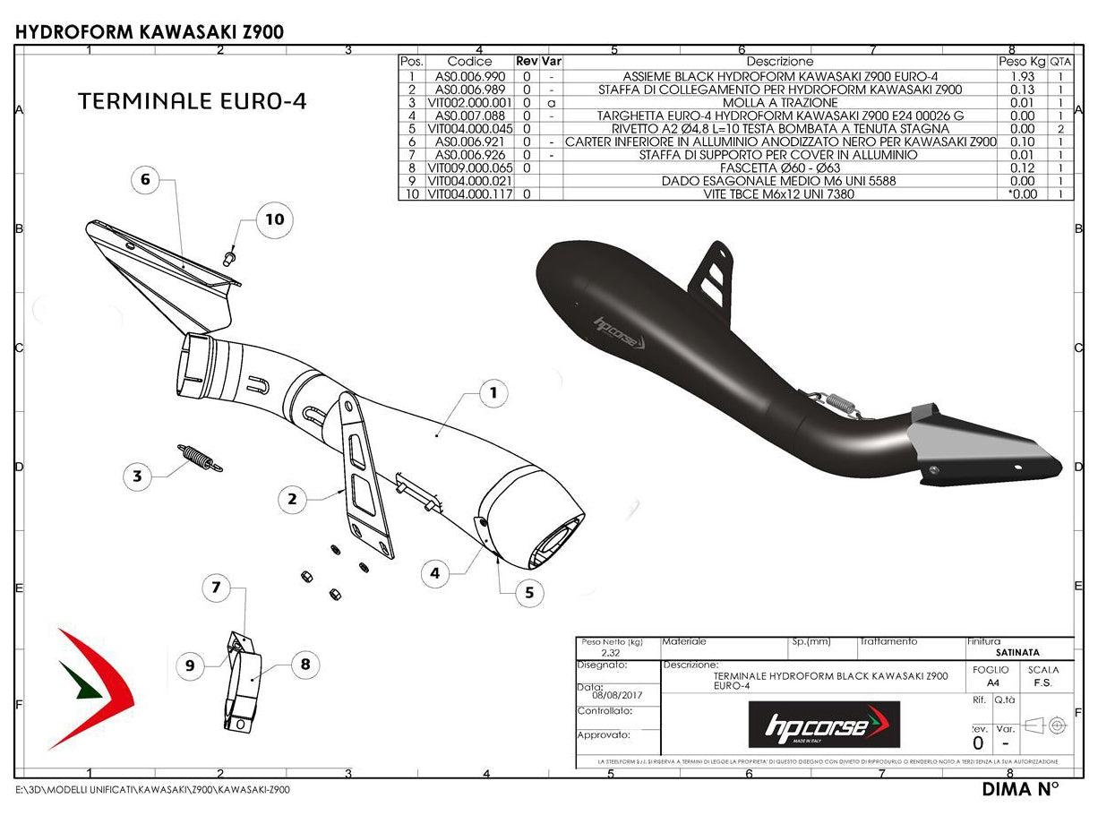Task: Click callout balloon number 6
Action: (145, 180)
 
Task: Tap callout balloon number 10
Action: (274, 219)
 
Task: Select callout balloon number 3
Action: (137, 476)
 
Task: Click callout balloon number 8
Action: (305, 664)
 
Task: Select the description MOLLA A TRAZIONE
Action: (779, 102)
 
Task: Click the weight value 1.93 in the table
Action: (1022, 76)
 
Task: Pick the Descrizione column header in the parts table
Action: (779, 61)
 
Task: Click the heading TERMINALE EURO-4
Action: (193, 100)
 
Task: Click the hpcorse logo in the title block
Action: (824, 724)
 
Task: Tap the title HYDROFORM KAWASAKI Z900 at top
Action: (150, 32)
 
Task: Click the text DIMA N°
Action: (1020, 789)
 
